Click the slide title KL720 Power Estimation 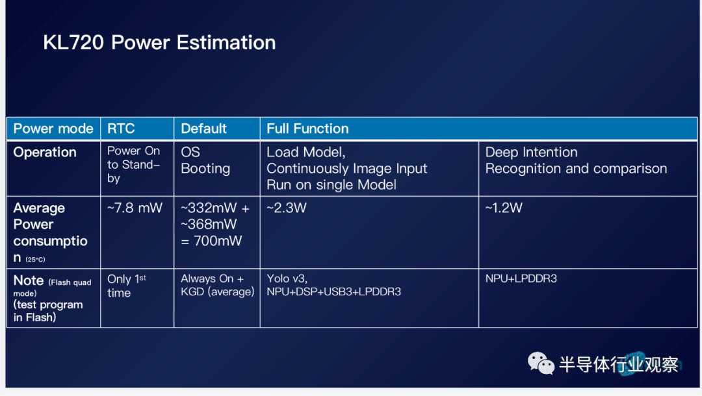pos(159,43)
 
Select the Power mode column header pos(53,129)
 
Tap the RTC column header pos(121,129)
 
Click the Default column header pos(203,129)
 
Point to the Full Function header pos(307,129)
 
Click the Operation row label pos(45,153)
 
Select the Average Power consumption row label pos(50,233)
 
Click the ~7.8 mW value pos(135,208)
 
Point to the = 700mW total pos(211,241)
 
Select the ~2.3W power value pos(287,208)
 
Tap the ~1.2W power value pos(504,208)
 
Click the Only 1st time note pos(127,286)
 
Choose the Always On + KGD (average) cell pos(218,285)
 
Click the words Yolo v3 pos(287,278)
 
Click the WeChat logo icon pos(541,363)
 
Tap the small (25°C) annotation pos(35,259)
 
